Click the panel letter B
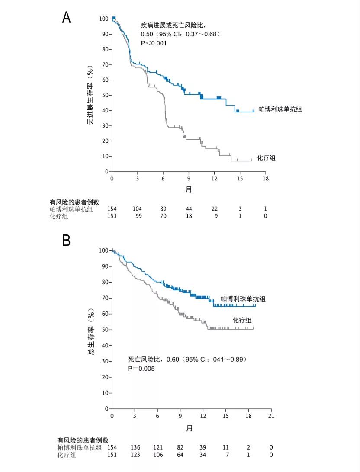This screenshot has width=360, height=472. pos(66,240)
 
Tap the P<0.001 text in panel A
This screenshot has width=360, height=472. pos(154,43)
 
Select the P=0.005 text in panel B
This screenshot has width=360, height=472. pos(141,369)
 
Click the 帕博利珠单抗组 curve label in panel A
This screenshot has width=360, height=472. pos(280,109)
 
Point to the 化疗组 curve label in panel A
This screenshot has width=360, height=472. pos(266,158)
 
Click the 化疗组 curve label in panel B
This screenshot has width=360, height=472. pos(242,320)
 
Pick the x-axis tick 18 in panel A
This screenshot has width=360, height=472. pos(265,179)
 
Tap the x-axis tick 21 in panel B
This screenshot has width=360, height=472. pos(271,416)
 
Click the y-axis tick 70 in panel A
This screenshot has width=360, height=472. pos(104,65)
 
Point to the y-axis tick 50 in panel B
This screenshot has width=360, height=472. pos(104,330)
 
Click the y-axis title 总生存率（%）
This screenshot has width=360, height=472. pos(90,331)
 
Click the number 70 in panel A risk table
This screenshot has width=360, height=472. pos(163,216)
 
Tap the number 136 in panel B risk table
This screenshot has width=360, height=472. pos(135,447)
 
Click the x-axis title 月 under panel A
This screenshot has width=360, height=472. pos(189,189)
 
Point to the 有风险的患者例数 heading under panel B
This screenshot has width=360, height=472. pos(83,440)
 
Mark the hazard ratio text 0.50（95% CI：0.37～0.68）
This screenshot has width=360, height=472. pos(180,34)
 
